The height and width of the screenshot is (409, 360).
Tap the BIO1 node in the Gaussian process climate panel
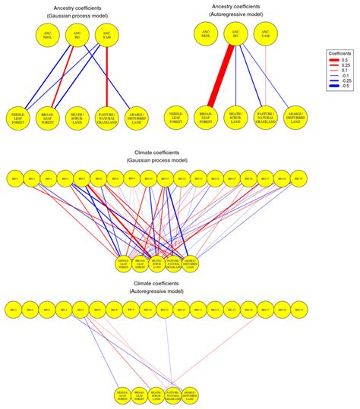click(x=13, y=179)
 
